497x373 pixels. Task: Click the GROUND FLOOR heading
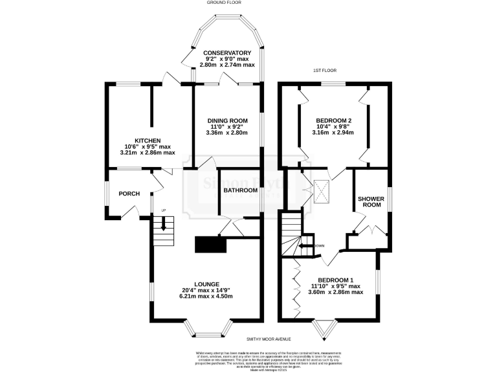point(225,3)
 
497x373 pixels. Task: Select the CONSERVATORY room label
point(226,52)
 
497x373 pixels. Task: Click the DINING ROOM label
point(227,120)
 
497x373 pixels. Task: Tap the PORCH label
point(129,194)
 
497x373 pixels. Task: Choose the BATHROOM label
point(241,190)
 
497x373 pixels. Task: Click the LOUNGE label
point(206,284)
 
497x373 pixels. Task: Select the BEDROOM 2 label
point(333,120)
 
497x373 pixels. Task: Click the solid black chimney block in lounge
point(210,245)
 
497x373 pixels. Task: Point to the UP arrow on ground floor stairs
point(164,224)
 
